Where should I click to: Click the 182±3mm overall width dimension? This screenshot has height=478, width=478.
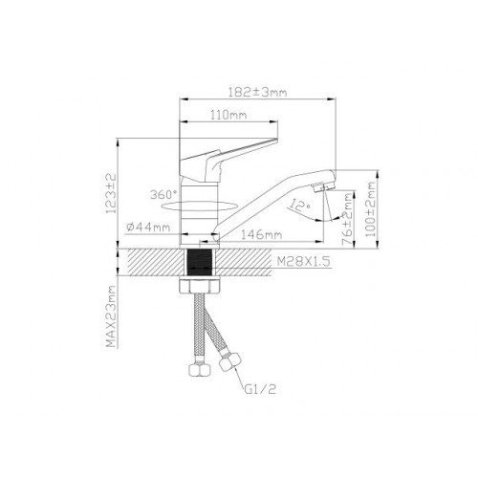click(258, 92)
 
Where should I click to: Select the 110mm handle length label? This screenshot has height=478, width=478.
click(228, 115)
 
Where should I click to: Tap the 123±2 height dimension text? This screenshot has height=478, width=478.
click(111, 193)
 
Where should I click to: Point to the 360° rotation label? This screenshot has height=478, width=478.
click(163, 194)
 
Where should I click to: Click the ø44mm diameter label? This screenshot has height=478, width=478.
click(148, 228)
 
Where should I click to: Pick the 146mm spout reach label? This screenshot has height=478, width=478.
click(261, 235)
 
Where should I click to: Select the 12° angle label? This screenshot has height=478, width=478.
click(299, 205)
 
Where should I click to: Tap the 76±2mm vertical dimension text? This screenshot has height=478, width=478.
click(348, 219)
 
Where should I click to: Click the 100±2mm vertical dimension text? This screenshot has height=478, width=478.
click(371, 209)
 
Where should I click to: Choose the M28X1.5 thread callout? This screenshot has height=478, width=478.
click(303, 262)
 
